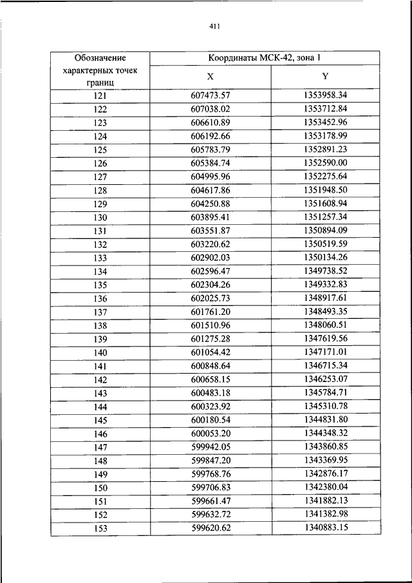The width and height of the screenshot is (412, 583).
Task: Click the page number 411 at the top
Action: click(x=215, y=26)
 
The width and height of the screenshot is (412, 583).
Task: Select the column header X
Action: click(x=211, y=76)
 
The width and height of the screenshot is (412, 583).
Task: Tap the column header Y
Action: click(x=325, y=76)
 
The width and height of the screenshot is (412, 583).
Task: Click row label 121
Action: click(x=100, y=96)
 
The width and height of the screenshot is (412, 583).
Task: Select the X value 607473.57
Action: click(x=211, y=96)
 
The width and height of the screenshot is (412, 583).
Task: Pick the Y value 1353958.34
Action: click(x=325, y=95)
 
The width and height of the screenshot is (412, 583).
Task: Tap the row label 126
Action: click(x=100, y=164)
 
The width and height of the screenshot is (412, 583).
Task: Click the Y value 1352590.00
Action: click(x=325, y=163)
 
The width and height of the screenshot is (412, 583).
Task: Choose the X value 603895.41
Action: click(x=211, y=217)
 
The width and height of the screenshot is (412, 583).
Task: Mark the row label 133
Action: click(x=100, y=258)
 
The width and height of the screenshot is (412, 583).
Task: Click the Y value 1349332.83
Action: click(x=325, y=284)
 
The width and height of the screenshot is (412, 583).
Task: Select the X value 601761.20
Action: click(x=211, y=312)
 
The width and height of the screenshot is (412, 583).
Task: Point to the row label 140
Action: click(x=100, y=352)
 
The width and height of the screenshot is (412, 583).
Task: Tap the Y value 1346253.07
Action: click(x=325, y=379)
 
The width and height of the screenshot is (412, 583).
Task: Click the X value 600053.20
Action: click(x=211, y=434)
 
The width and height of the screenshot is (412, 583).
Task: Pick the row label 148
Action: click(x=100, y=461)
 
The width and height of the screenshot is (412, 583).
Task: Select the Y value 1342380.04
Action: click(x=325, y=487)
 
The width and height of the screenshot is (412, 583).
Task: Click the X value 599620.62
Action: click(x=211, y=528)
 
